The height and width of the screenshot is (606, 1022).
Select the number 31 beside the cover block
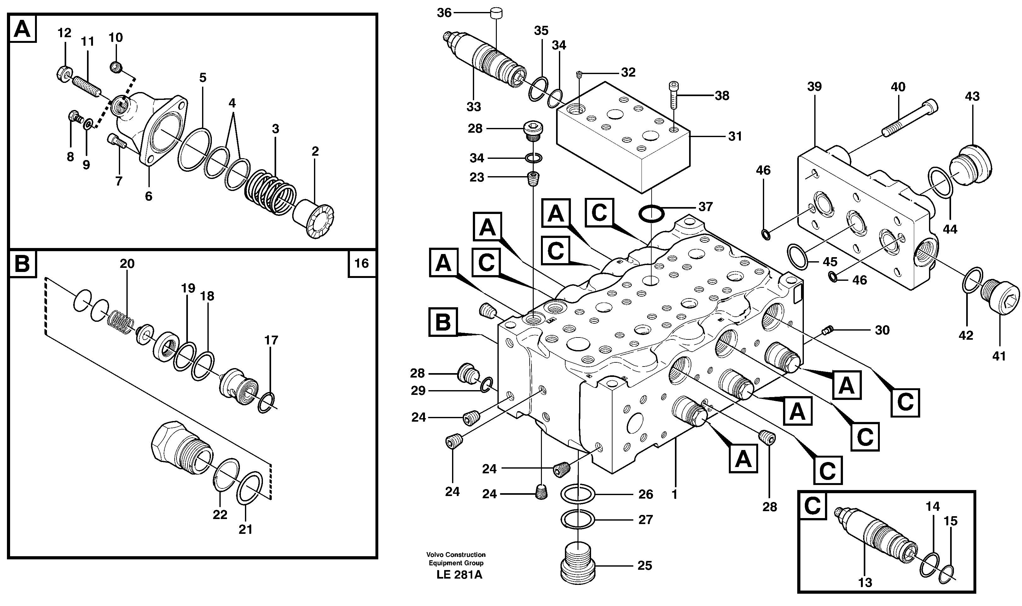point(735,136)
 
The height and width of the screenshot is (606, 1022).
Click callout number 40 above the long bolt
point(898,87)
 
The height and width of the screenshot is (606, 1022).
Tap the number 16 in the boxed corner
point(362,263)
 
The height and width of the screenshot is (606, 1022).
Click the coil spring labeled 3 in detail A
point(270,192)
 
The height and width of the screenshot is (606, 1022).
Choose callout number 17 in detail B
point(271,340)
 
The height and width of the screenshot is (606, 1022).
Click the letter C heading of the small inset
point(812,506)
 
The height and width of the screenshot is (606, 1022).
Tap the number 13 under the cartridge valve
point(865,583)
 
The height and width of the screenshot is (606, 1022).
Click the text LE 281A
point(459,574)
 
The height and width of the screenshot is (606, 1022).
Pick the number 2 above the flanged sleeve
point(315,152)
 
